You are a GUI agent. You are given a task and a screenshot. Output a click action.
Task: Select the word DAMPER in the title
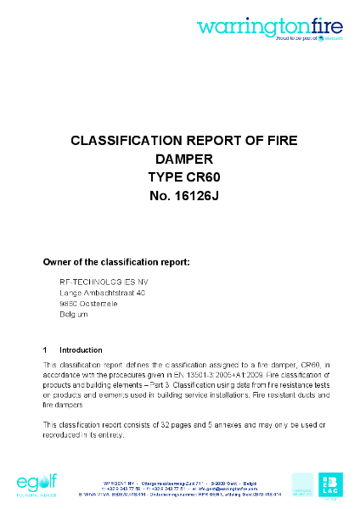tap(179, 158)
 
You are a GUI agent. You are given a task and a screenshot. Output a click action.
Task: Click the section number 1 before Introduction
tap(45, 350)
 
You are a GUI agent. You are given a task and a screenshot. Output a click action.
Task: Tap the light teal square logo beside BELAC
tap(302, 484)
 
